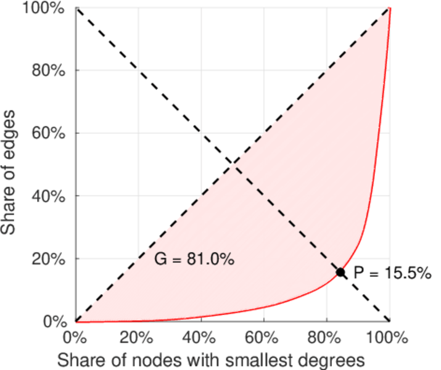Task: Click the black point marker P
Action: (340, 272)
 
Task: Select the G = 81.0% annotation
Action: (194, 260)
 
